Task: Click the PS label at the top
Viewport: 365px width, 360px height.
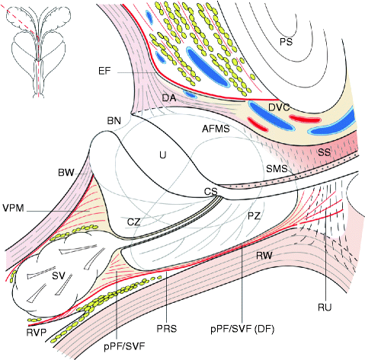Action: pos(286,40)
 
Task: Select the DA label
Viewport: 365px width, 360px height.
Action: pos(170,98)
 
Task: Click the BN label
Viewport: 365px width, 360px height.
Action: pos(114,120)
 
